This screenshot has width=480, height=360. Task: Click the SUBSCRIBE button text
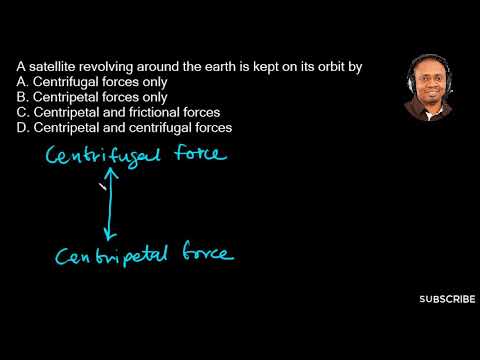pyautogui.click(x=447, y=299)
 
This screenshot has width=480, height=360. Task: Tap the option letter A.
pyautogui.click(x=21, y=81)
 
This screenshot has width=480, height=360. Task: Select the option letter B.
pyautogui.click(x=21, y=97)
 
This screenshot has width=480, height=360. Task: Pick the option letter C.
pyautogui.click(x=21, y=113)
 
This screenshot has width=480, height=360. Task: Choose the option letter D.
pyautogui.click(x=21, y=129)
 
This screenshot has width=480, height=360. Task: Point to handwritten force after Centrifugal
pyautogui.click(x=198, y=155)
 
